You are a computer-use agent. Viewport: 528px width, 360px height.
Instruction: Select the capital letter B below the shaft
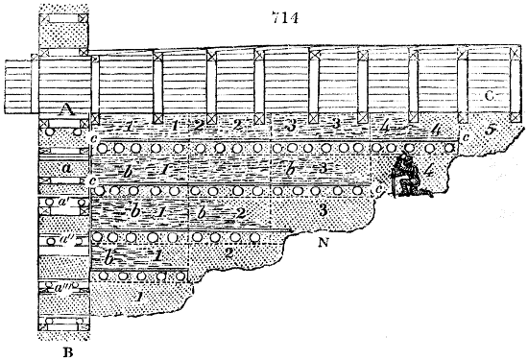[67, 350]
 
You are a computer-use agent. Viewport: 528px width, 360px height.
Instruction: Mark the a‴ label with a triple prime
[63, 285]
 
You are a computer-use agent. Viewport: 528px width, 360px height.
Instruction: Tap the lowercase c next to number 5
[466, 134]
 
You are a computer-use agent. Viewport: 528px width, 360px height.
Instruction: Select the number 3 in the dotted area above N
[324, 208]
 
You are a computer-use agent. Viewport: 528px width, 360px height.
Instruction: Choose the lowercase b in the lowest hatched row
[109, 258]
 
